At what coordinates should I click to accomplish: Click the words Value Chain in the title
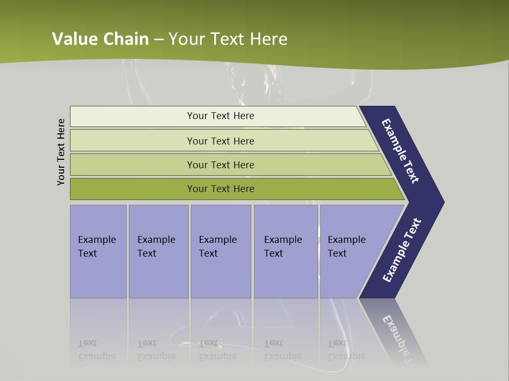[x=100, y=39]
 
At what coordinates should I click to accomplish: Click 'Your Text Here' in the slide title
[x=228, y=39]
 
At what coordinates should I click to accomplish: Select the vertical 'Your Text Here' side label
[x=61, y=152]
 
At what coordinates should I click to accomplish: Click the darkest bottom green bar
[x=133, y=189]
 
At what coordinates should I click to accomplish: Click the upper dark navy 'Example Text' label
[x=400, y=151]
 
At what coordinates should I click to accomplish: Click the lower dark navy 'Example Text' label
[x=402, y=250]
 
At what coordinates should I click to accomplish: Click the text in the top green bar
[x=221, y=116]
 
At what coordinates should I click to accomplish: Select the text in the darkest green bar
[x=221, y=189]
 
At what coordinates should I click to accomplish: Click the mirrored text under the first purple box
[x=96, y=350]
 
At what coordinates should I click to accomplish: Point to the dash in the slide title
[x=159, y=39]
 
